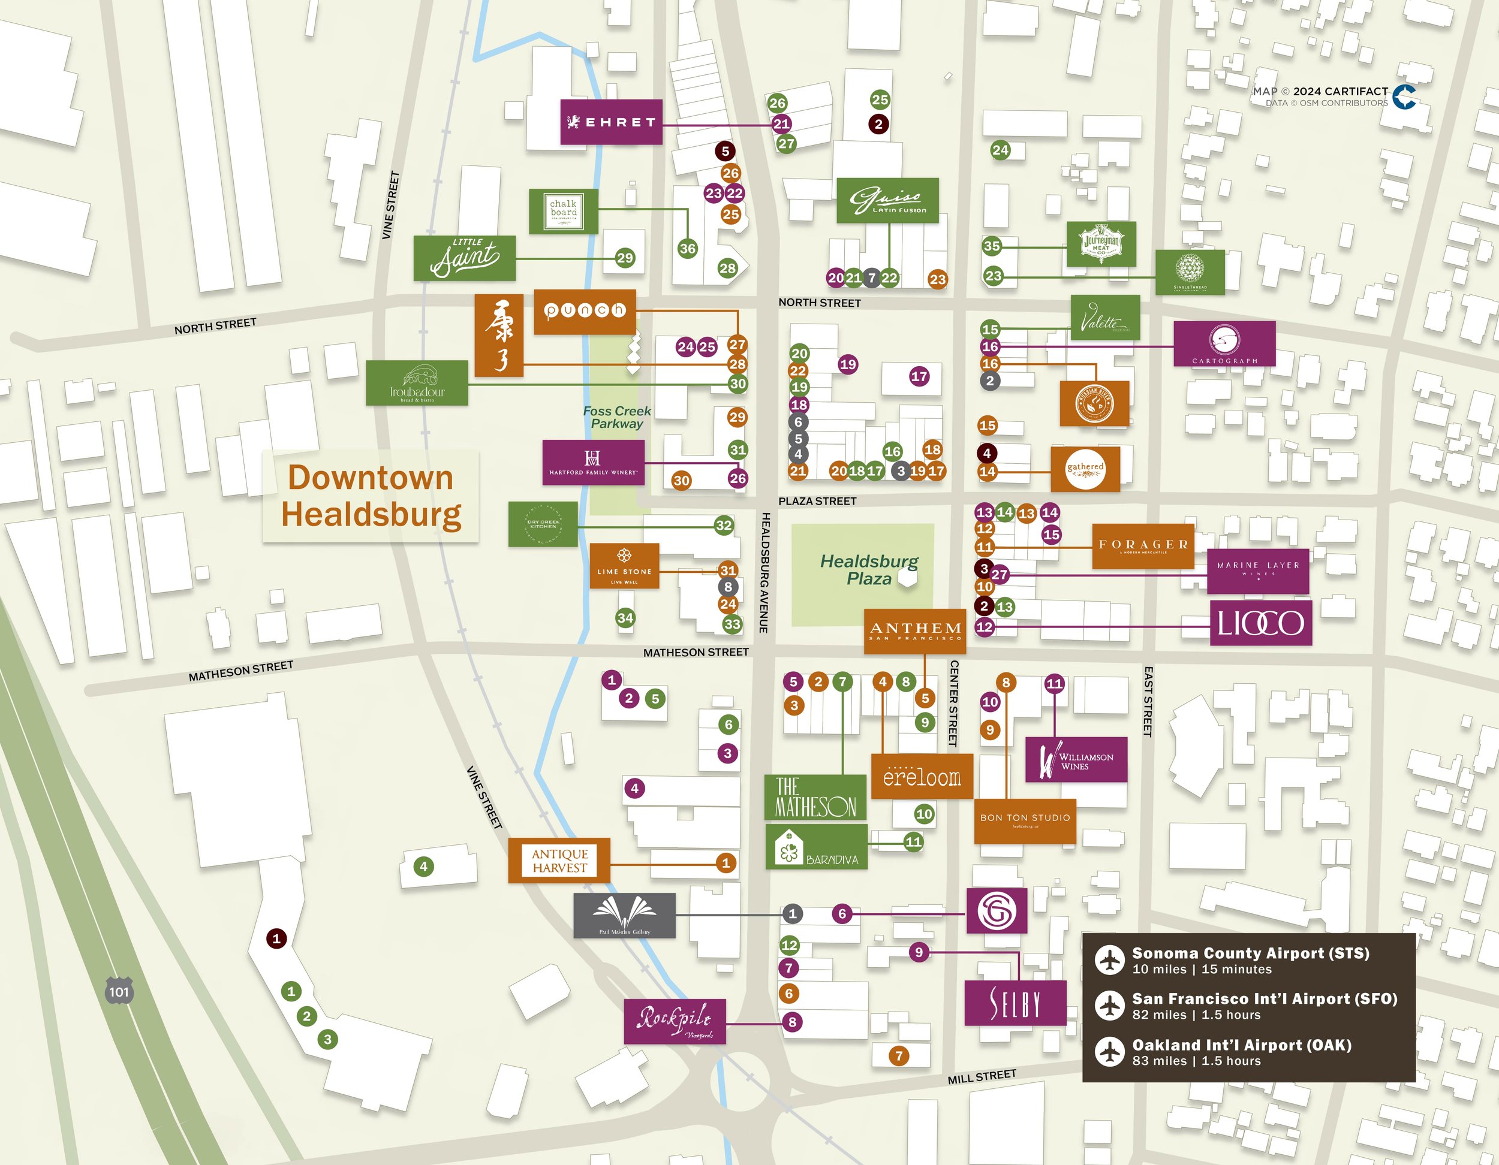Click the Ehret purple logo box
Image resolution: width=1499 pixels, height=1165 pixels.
[611, 122]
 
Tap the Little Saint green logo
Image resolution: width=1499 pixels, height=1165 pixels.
[464, 258]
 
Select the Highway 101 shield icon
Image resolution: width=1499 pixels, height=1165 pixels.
[119, 991]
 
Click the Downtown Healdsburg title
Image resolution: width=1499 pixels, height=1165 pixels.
[371, 496]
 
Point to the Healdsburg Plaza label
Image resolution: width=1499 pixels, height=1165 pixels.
[868, 569]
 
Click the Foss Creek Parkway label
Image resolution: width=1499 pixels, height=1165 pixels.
[616, 417]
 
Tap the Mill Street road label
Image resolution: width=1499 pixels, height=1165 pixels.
[982, 1076]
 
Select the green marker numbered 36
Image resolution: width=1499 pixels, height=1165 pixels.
[687, 248]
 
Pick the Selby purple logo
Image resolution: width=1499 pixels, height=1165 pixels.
[1015, 1003]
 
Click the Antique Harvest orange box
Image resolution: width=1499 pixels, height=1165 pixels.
[559, 861]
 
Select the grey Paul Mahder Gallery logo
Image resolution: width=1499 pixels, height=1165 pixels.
[624, 915]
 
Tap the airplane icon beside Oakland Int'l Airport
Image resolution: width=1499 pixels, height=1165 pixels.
[1109, 1052]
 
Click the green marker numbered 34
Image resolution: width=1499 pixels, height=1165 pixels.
[625, 617]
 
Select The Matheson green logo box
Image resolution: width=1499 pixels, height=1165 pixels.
[815, 797]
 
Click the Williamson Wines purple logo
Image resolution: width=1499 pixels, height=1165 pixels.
[1076, 759]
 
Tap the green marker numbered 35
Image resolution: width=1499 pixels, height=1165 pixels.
[991, 246]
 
